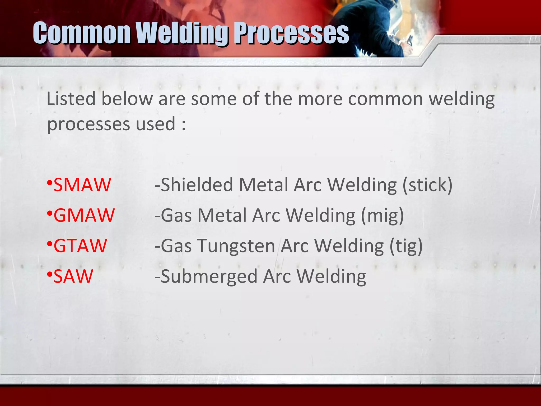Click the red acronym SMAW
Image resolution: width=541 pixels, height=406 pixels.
tap(82, 185)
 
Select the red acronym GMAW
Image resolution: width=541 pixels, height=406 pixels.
tap(84, 215)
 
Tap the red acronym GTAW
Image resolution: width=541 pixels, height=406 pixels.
tap(80, 246)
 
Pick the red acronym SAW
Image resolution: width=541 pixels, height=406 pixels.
tap(73, 276)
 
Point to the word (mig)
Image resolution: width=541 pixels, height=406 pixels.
tap(382, 216)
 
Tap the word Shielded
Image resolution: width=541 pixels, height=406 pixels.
tap(197, 185)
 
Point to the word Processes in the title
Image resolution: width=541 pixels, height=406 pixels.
tap(292, 33)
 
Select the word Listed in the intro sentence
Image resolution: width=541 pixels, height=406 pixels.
tap(71, 99)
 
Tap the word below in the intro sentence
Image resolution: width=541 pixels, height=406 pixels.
tap(127, 99)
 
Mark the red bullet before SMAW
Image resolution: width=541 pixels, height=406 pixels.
tap(50, 183)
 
